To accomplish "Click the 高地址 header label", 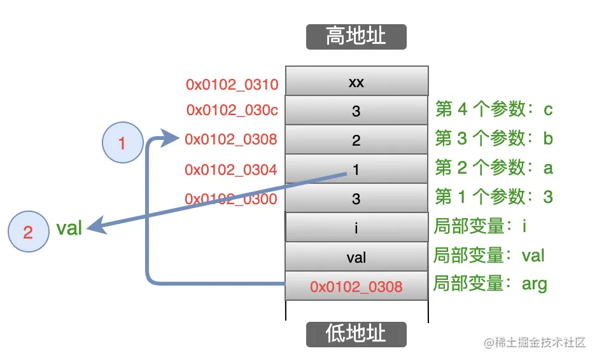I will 356,36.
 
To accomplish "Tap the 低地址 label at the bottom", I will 356,333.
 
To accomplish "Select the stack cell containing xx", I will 356,82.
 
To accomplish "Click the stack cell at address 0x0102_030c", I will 356,111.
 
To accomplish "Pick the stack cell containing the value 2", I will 356,141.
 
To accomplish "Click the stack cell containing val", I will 356,258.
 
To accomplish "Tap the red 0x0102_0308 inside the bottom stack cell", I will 356,287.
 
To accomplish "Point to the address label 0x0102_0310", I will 232,84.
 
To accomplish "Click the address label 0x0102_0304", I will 230,170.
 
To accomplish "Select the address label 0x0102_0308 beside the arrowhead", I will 230,139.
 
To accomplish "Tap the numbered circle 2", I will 28,232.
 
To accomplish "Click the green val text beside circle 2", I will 69,228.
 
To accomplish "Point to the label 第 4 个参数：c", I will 493,109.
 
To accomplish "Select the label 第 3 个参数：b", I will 493,138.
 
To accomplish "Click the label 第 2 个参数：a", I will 493,167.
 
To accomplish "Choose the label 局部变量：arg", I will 490,284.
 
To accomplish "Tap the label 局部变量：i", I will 481,226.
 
